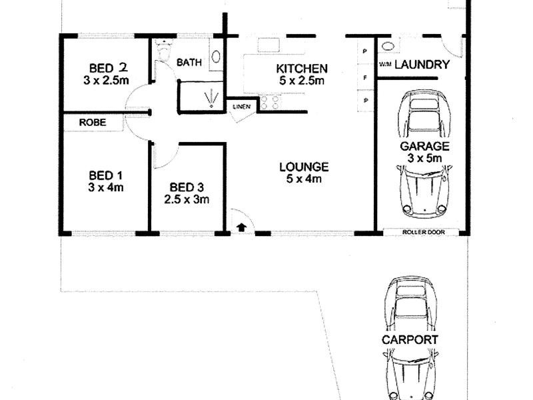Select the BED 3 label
(188, 187)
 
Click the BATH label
(189, 63)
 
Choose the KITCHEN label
(301, 69)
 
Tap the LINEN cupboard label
(241, 107)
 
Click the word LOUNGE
(304, 167)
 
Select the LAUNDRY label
(422, 65)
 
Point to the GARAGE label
(424, 146)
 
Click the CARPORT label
(410, 339)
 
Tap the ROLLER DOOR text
(423, 232)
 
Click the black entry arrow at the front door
(241, 227)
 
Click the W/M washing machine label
(385, 65)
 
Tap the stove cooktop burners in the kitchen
(270, 103)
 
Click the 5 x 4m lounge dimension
(304, 179)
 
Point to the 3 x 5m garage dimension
(424, 158)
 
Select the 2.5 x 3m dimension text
(188, 199)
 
